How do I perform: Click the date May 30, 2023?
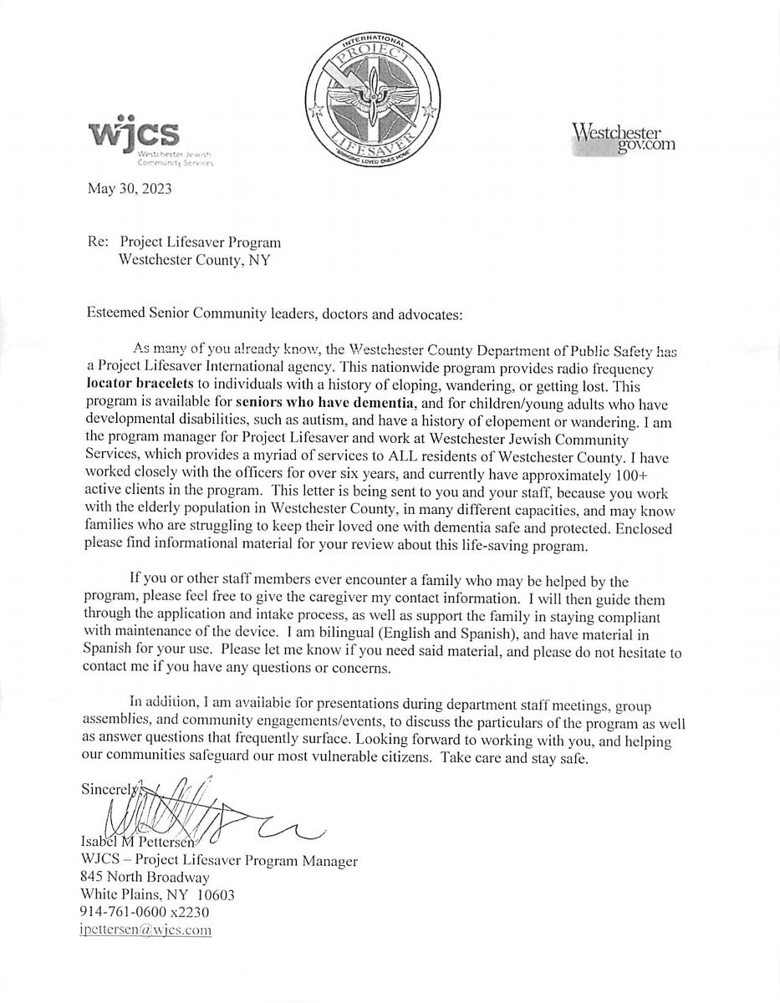(x=130, y=189)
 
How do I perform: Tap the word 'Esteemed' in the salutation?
(x=114, y=314)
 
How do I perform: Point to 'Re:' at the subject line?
(x=98, y=242)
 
